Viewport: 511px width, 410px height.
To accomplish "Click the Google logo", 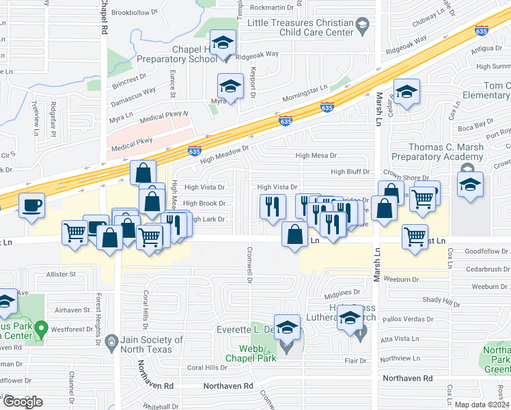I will (x=22, y=402).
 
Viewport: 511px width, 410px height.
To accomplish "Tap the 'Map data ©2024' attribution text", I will (x=482, y=405).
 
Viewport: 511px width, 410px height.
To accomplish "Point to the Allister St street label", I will (x=61, y=274).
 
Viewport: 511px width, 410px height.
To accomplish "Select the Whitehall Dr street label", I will (x=162, y=405).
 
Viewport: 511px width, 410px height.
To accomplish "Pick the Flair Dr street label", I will (x=355, y=360).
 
